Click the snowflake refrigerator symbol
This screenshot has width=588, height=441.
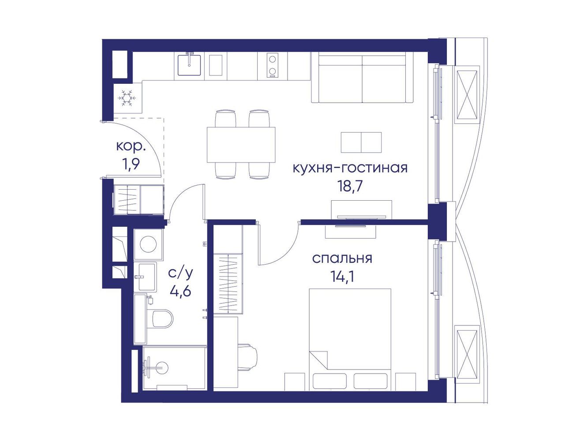click(127, 98)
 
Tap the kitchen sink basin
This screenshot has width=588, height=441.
click(189, 65)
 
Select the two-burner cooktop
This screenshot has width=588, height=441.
click(273, 65)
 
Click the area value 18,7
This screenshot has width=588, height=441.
click(350, 187)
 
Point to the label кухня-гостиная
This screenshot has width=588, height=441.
click(350, 168)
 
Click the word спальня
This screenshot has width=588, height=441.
click(342, 259)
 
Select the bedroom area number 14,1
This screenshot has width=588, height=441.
click(343, 277)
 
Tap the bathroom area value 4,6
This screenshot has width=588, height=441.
click(180, 291)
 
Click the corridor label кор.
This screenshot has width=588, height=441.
click(131, 147)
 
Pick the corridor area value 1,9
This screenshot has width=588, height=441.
click(131, 164)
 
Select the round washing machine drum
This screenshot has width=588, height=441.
click(148, 244)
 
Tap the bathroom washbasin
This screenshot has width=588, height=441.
click(147, 277)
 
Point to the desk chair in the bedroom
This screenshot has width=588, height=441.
click(247, 357)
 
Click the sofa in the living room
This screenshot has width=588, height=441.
click(362, 78)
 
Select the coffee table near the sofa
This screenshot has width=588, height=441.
click(361, 142)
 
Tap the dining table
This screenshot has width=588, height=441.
click(241, 145)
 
